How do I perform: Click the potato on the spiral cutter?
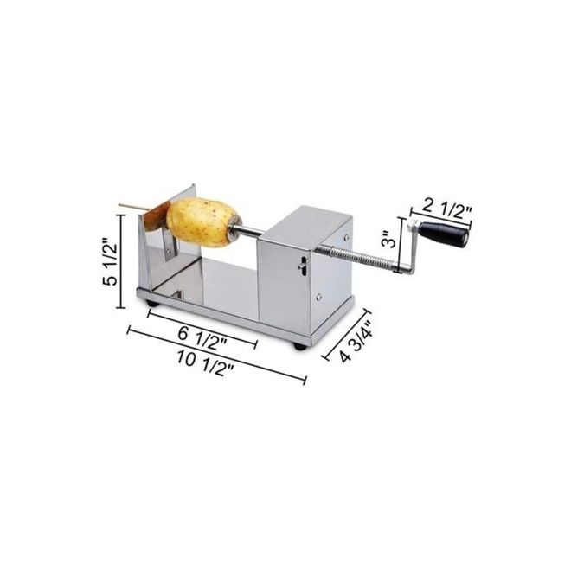pos(201,221)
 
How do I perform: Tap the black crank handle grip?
pos(443,233)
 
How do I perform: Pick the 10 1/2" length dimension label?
pos(205,363)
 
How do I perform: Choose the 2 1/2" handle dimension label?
pos(446,210)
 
